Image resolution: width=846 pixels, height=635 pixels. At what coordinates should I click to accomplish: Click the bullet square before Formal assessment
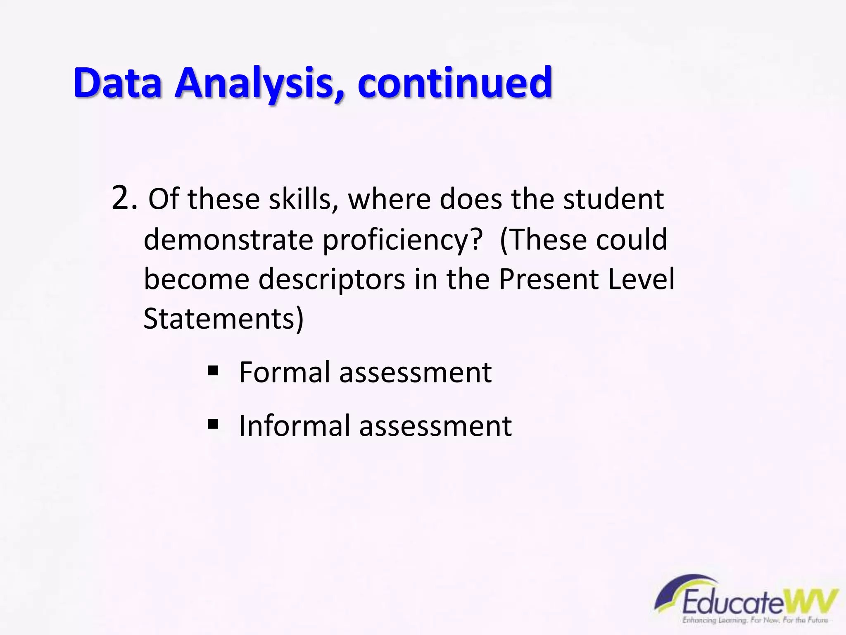pyautogui.click(x=213, y=370)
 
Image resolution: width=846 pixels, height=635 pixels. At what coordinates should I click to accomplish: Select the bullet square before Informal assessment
pyautogui.click(x=213, y=424)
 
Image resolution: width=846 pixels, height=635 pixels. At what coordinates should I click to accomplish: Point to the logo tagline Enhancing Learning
pyautogui.click(x=719, y=621)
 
